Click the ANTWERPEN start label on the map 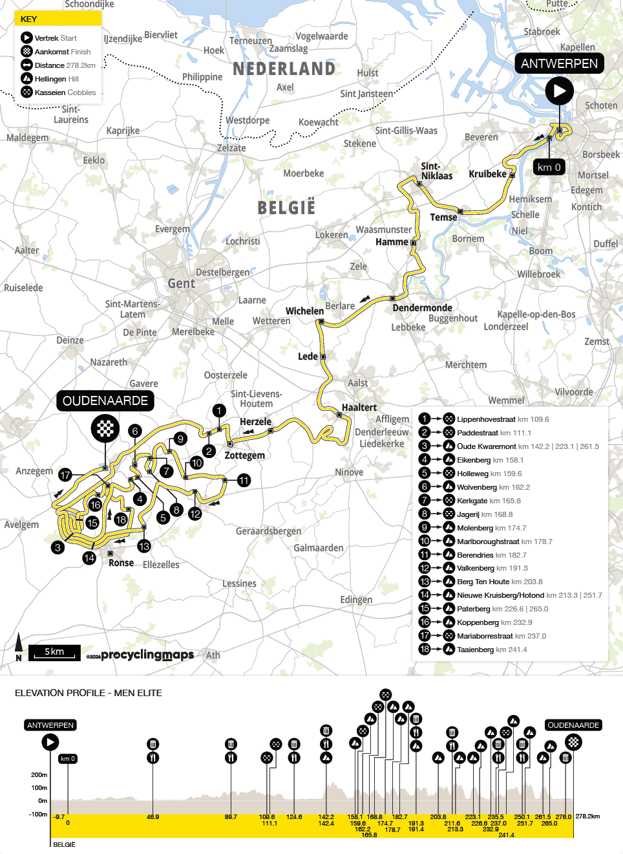[x=559, y=63]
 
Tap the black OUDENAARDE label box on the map [x=105, y=401]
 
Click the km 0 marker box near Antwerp [x=549, y=167]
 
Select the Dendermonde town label [x=422, y=308]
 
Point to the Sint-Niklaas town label [x=436, y=171]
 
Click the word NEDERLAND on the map [x=284, y=69]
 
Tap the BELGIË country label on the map [x=286, y=208]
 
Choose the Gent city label [x=181, y=283]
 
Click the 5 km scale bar [x=54, y=652]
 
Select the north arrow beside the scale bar [x=19, y=646]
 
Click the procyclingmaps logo [x=147, y=655]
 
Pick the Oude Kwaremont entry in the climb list [x=486, y=446]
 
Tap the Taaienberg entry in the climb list [x=475, y=650]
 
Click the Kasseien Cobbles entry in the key [x=65, y=93]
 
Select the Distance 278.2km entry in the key [x=65, y=65]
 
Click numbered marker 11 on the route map [x=244, y=480]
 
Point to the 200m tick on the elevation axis [x=39, y=774]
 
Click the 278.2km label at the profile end [x=587, y=816]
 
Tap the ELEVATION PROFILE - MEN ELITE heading [x=89, y=693]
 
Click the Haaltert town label [x=359, y=408]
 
